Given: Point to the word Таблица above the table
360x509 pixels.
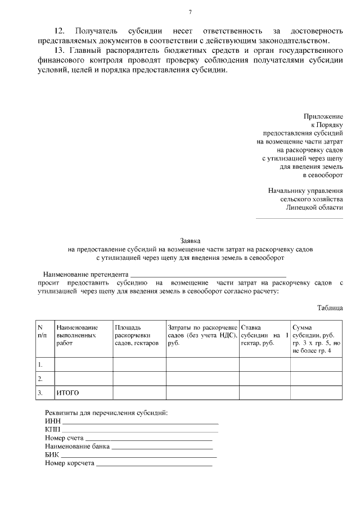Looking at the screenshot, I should (x=330, y=308).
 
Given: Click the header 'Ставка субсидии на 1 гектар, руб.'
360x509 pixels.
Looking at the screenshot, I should (x=264, y=335).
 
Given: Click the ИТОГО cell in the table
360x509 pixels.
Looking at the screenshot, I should (x=67, y=392).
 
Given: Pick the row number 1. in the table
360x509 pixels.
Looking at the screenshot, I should (x=40, y=364).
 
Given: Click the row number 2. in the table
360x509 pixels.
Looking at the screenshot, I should (x=40, y=379).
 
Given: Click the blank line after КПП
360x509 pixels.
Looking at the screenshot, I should (x=140, y=430).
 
